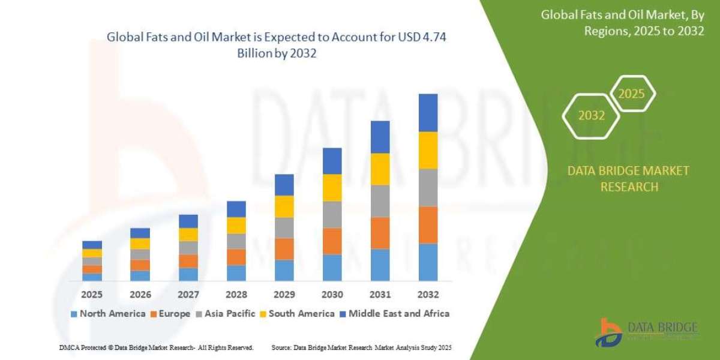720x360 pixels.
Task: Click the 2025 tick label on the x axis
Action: click(92, 295)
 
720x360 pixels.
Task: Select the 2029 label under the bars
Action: click(284, 295)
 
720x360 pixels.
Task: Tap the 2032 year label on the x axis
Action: click(428, 295)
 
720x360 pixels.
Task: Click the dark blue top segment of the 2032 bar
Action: click(428, 113)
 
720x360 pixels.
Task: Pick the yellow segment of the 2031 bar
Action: click(380, 169)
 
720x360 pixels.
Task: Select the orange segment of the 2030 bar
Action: click(332, 241)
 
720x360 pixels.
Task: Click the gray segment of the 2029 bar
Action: click(284, 227)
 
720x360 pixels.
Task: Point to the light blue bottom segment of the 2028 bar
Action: click(236, 273)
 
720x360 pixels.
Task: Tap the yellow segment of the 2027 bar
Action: click(188, 235)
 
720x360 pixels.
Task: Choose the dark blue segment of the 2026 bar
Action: click(140, 233)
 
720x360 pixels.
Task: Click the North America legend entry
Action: click(108, 313)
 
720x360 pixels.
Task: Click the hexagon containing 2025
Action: click(632, 94)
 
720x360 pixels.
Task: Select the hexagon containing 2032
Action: click(591, 116)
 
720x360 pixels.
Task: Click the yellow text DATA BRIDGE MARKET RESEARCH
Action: click(628, 179)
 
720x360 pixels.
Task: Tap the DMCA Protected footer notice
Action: click(156, 347)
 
